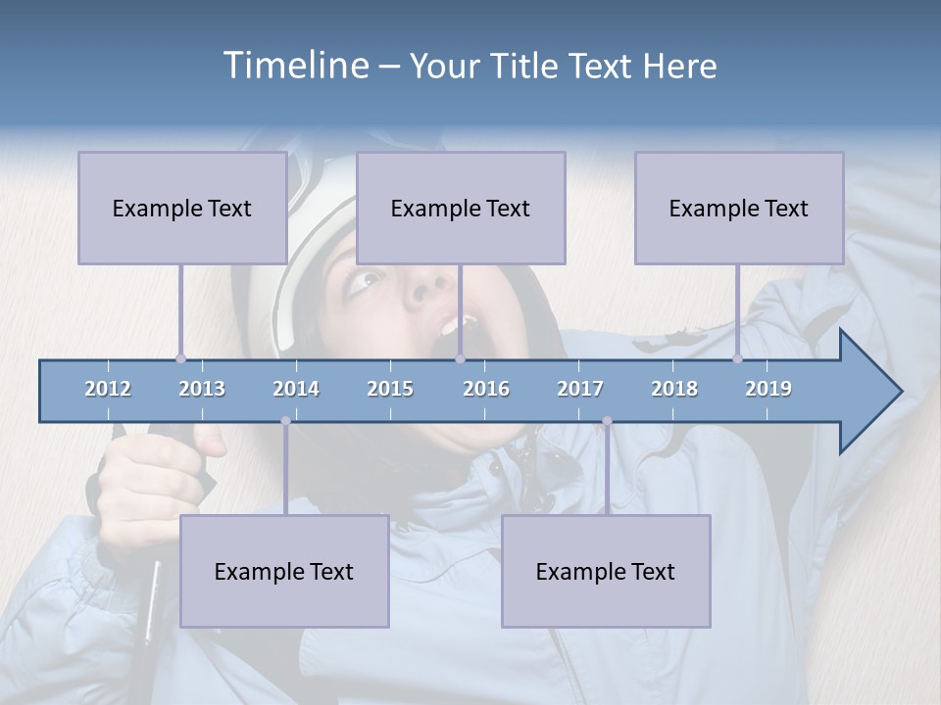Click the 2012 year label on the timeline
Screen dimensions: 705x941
point(108,389)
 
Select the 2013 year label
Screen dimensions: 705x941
point(202,389)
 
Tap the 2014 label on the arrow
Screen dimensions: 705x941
point(296,389)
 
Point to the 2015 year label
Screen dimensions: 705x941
point(390,389)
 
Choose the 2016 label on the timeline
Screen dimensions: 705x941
point(486,389)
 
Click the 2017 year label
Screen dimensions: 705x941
point(580,389)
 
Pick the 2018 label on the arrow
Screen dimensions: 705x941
point(674,389)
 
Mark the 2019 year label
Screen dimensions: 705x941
point(768,389)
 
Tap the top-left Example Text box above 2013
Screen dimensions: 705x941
point(182,208)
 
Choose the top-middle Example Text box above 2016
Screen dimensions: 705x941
point(461,208)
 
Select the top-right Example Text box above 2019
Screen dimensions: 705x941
point(739,208)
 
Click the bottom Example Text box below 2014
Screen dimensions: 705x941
point(284,571)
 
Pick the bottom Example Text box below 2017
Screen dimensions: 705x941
point(606,571)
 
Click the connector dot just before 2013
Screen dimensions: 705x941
point(180,358)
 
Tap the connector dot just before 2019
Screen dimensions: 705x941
point(737,358)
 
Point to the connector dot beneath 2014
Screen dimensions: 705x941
point(285,421)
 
